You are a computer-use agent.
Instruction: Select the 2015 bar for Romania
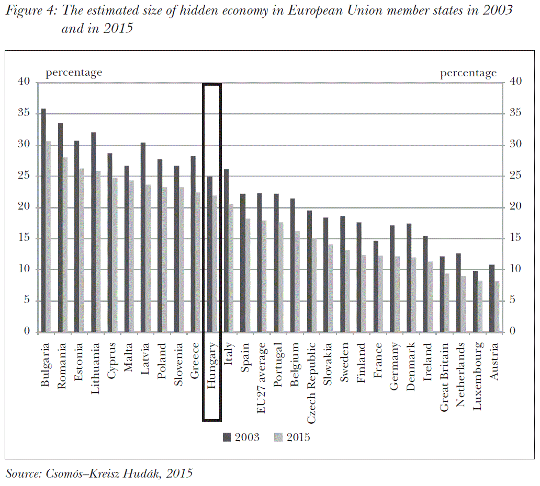(65, 245)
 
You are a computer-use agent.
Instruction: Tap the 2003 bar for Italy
(226, 251)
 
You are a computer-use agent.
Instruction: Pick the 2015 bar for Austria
(497, 306)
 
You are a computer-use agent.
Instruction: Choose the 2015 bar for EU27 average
(264, 276)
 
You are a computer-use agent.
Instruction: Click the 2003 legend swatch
(227, 437)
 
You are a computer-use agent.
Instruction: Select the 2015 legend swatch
(278, 437)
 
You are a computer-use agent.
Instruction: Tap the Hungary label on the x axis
(211, 366)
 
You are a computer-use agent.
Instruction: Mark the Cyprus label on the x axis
(111, 361)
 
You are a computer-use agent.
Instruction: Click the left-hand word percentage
(74, 73)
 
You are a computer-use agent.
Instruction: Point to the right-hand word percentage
(468, 73)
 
